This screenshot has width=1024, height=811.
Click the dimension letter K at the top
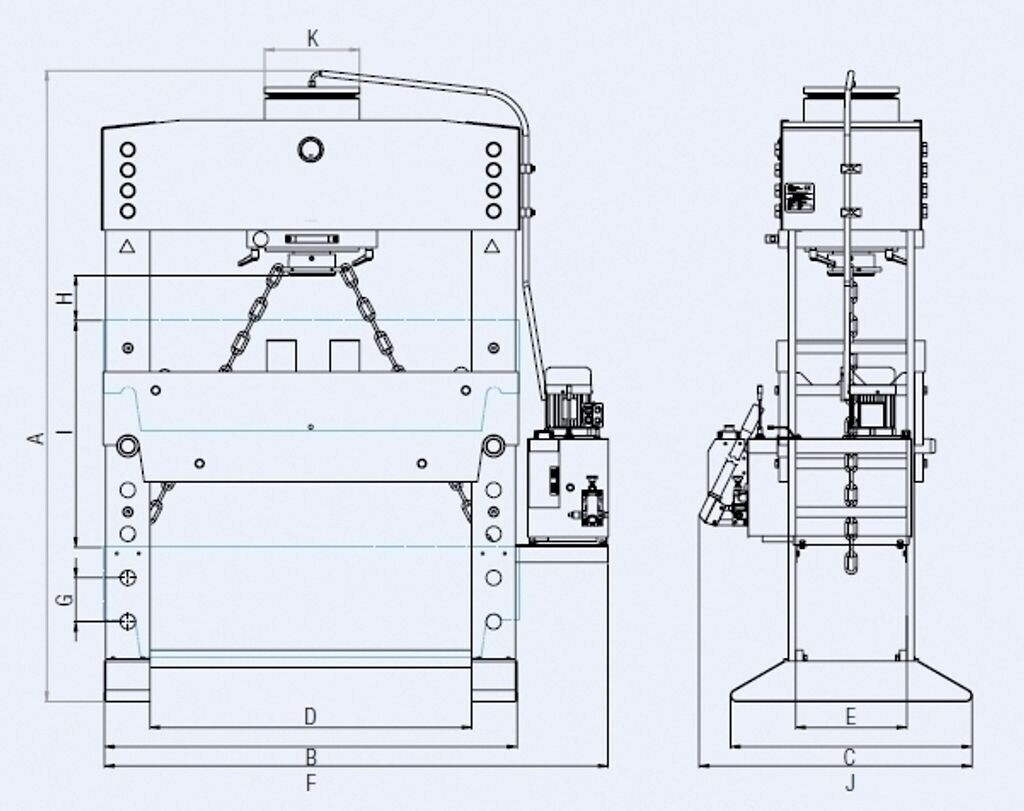(x=313, y=39)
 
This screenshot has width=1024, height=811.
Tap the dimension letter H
(x=64, y=298)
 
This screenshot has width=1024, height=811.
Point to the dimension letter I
(x=64, y=432)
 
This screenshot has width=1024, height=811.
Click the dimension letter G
(x=64, y=599)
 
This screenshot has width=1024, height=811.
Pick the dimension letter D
(x=310, y=716)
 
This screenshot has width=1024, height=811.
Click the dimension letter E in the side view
(x=851, y=716)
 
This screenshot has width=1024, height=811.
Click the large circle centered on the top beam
(x=311, y=150)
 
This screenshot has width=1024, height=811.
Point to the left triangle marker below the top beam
(x=127, y=246)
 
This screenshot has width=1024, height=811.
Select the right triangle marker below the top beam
(x=492, y=246)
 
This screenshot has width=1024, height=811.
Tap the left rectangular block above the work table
(x=282, y=354)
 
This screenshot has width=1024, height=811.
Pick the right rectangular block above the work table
(x=344, y=354)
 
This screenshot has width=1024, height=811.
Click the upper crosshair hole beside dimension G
(x=127, y=578)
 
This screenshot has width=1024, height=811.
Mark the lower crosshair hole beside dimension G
(x=127, y=621)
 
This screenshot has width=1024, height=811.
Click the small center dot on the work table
(x=311, y=428)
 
